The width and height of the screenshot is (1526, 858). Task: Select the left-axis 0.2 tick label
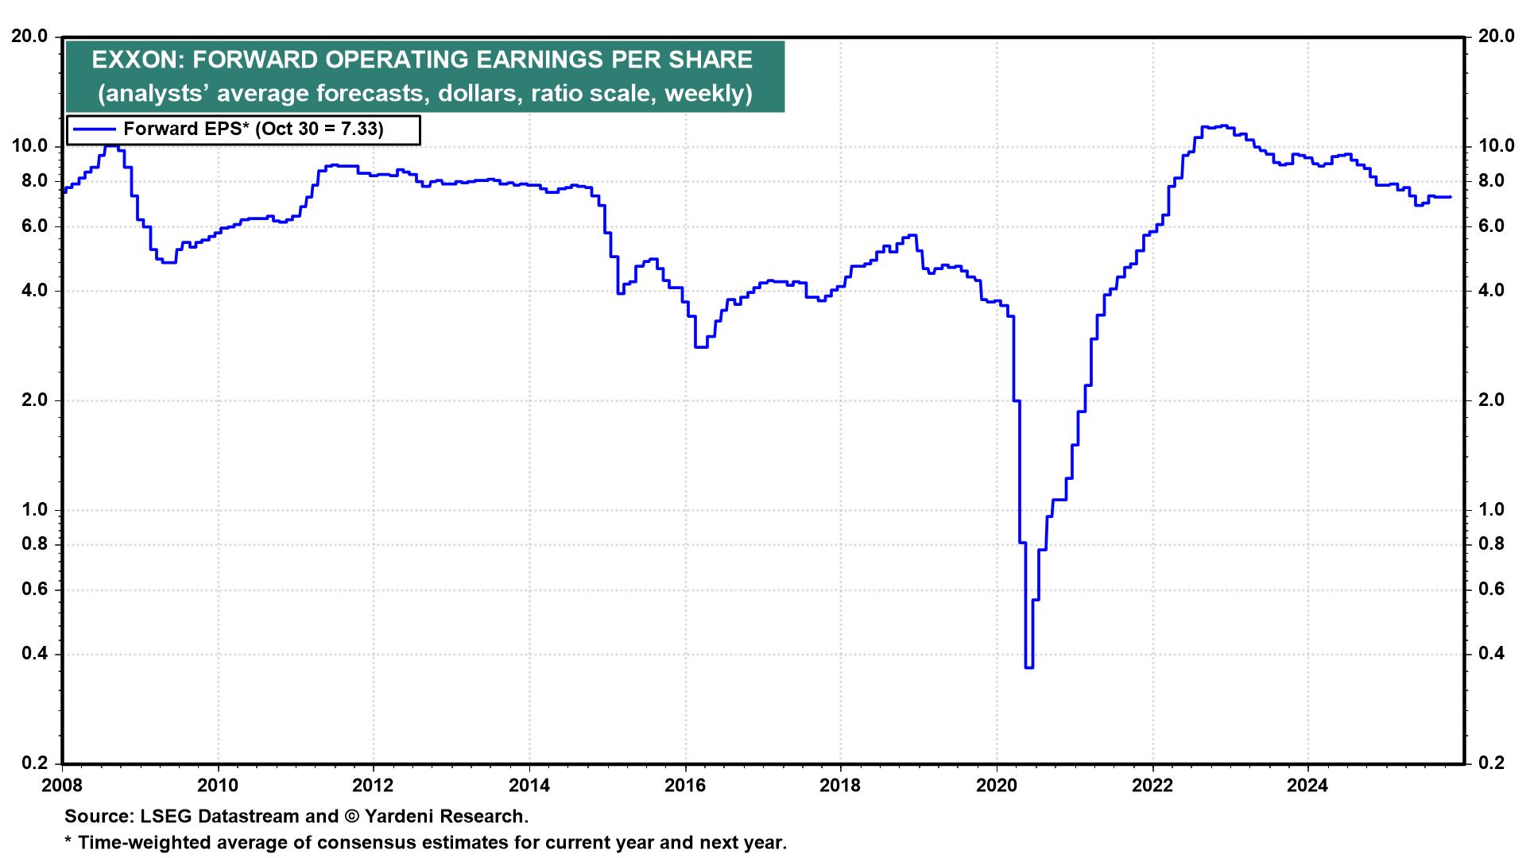point(35,763)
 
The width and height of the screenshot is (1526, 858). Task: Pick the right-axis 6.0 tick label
point(1489,226)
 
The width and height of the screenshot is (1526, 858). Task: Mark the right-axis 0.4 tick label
point(1489,655)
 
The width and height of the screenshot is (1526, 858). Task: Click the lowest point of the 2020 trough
point(1028,667)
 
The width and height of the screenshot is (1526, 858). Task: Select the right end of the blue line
point(1450,196)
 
